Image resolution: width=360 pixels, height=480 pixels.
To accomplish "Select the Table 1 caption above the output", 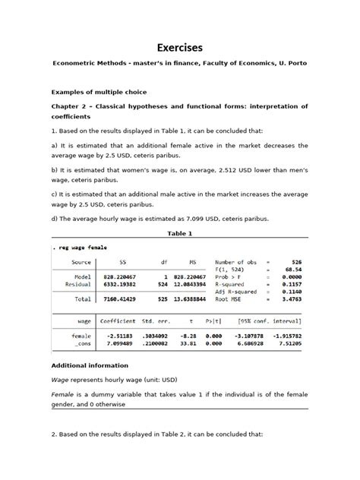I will [179, 233].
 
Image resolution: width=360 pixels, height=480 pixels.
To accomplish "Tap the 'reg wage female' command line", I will [81, 248].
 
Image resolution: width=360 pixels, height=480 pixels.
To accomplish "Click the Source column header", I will [80, 262].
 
